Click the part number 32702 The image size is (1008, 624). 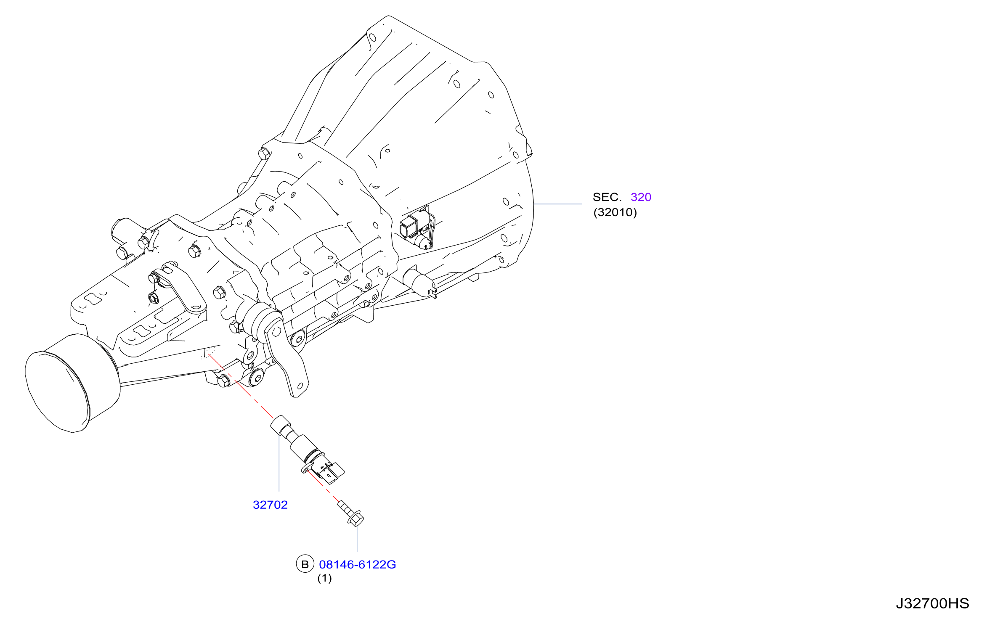[270, 505]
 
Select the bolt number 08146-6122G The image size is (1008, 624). [358, 564]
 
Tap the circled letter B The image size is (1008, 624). [305, 564]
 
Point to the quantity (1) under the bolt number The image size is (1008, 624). [324, 578]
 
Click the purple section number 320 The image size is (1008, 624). [641, 197]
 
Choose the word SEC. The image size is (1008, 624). [607, 197]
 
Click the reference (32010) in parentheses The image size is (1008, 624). [615, 212]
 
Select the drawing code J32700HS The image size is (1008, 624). [932, 603]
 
